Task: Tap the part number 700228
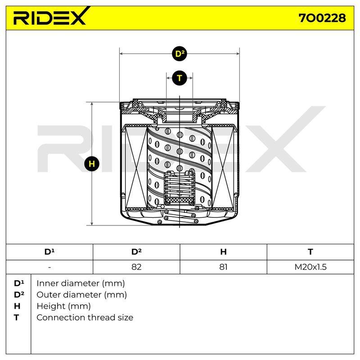[322, 18]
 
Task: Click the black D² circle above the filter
[180, 54]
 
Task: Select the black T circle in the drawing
[180, 78]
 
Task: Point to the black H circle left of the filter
[92, 164]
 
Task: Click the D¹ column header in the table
[49, 252]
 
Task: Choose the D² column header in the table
[136, 252]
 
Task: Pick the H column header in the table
[223, 252]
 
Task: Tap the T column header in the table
[310, 252]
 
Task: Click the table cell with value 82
[136, 267]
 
